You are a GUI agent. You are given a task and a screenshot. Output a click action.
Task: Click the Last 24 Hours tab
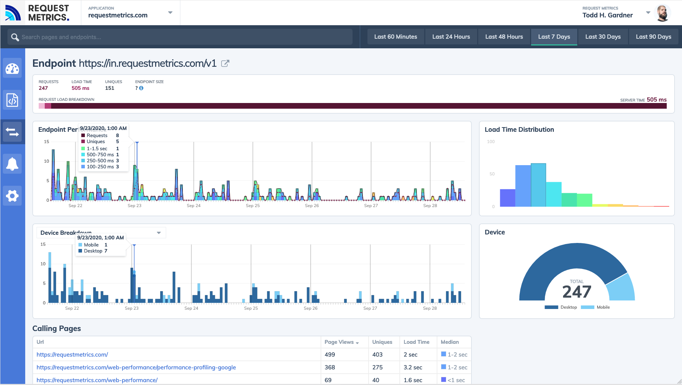[x=451, y=37]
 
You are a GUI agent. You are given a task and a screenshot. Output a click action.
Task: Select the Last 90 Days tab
[x=653, y=37]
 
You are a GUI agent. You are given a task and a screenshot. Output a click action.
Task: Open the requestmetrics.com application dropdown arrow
[x=170, y=13]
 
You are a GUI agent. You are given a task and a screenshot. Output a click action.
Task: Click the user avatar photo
[x=662, y=13]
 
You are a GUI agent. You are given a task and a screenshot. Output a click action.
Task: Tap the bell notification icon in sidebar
[x=12, y=164]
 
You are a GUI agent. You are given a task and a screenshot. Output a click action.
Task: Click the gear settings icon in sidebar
[x=12, y=196]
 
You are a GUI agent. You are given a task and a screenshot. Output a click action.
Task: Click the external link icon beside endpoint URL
[x=225, y=64]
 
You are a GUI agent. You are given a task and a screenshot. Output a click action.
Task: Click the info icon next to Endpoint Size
[x=141, y=88]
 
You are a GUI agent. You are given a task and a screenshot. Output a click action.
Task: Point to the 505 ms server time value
[x=656, y=100]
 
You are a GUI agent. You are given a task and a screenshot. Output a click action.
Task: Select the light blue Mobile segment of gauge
[x=621, y=288]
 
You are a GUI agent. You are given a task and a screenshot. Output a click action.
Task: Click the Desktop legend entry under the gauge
[x=561, y=307]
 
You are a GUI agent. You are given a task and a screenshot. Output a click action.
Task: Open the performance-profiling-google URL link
[x=136, y=367]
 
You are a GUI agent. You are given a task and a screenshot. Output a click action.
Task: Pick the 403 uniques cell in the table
[x=377, y=354]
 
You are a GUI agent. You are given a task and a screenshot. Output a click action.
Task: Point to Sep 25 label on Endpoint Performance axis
[x=253, y=206]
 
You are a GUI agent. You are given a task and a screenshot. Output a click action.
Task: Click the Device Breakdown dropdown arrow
[x=159, y=233]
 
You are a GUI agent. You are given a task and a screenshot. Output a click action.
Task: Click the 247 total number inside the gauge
[x=577, y=292]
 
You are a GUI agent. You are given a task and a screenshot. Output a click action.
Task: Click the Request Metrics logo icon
[x=13, y=13]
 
